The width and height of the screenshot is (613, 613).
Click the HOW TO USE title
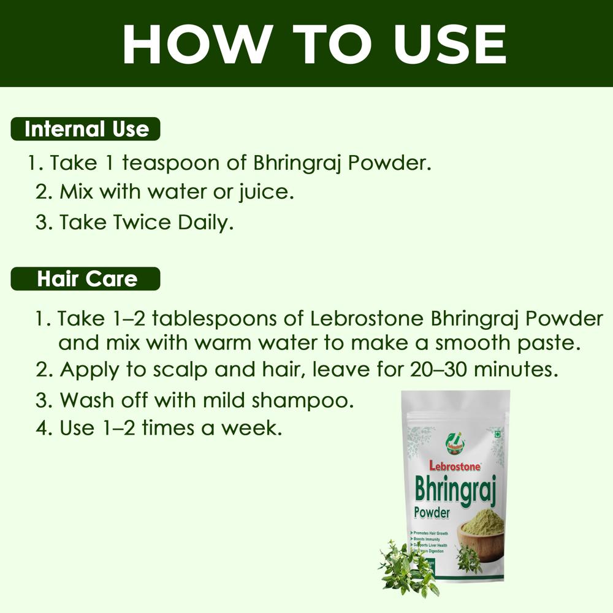point(314,44)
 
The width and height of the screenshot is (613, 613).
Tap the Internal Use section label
point(86,129)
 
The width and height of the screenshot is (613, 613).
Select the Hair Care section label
point(86,279)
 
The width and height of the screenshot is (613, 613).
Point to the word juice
point(266,192)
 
